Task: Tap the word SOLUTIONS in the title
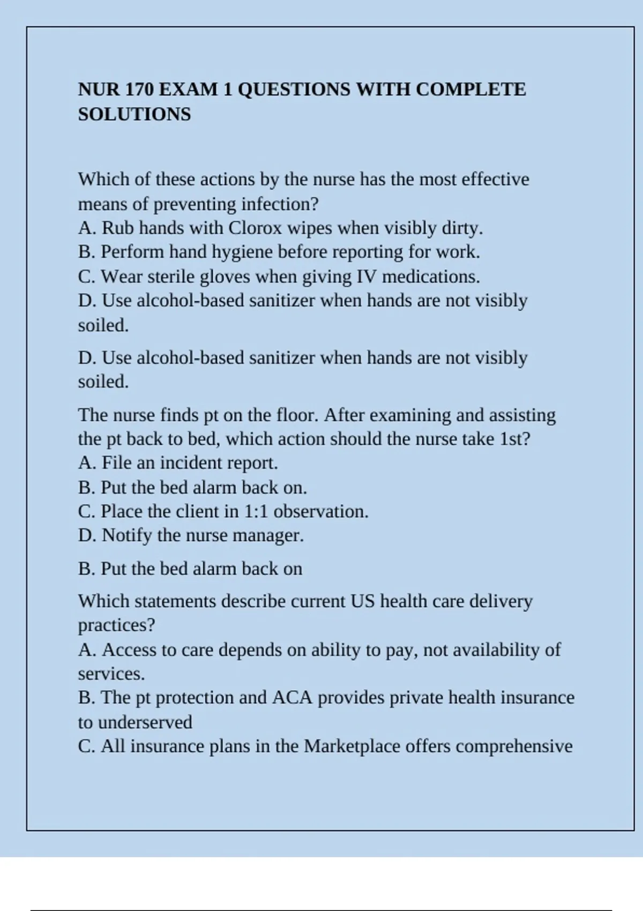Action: pos(134,114)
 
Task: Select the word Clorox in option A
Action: pos(255,228)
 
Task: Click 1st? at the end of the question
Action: pos(514,439)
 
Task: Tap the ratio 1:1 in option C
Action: pos(256,511)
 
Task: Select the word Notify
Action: pos(127,535)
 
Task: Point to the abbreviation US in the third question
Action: pos(363,601)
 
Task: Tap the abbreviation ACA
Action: pos(292,698)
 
